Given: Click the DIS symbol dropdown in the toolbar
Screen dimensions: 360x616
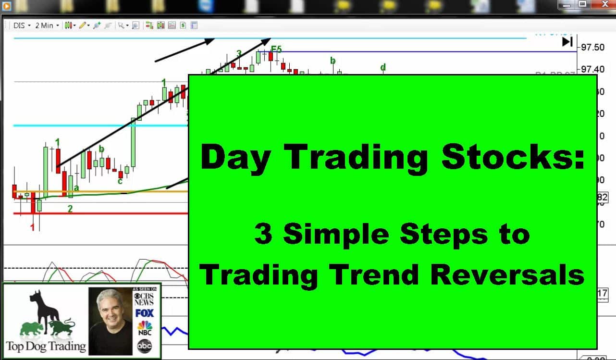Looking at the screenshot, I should tap(22, 25).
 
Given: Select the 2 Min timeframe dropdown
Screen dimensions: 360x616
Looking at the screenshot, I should tap(47, 25).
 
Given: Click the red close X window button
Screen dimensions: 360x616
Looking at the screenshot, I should tap(603, 4).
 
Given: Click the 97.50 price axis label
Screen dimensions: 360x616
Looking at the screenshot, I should tap(593, 48).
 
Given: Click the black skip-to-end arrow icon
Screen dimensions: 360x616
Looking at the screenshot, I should tap(567, 42).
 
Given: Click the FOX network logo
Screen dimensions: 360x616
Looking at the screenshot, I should tap(144, 313).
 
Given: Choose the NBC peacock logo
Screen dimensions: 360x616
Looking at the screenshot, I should tap(144, 328).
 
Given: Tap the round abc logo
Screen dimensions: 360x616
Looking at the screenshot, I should tap(144, 345).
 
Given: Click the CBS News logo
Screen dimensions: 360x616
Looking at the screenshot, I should tap(144, 298).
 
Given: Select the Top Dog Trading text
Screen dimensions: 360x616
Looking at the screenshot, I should tap(46, 346).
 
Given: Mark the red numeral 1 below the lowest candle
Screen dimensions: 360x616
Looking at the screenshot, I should tap(33, 227).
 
